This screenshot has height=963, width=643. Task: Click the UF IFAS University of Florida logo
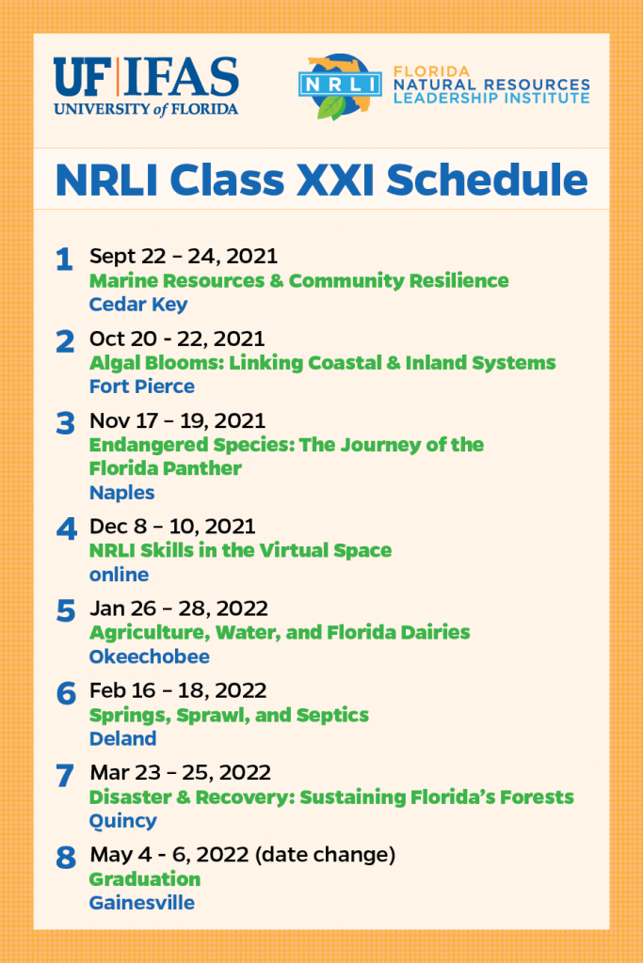pyautogui.click(x=146, y=87)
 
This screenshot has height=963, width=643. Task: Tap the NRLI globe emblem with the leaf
pyautogui.click(x=339, y=87)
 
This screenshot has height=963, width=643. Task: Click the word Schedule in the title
pyautogui.click(x=487, y=180)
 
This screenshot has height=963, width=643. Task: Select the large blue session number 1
pyautogui.click(x=65, y=260)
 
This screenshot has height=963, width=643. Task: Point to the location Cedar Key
pyautogui.click(x=138, y=304)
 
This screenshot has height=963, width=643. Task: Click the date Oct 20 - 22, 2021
pyautogui.click(x=177, y=339)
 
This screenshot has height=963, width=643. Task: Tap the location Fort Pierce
pyautogui.click(x=142, y=387)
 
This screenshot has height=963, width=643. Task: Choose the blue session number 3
pyautogui.click(x=65, y=423)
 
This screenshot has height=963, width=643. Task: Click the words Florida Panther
pyautogui.click(x=166, y=468)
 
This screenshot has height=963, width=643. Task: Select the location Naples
pyautogui.click(x=121, y=493)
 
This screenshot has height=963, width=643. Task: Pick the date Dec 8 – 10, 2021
pyautogui.click(x=172, y=527)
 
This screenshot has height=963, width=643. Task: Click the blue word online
pyautogui.click(x=120, y=575)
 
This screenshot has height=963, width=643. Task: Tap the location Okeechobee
pyautogui.click(x=150, y=656)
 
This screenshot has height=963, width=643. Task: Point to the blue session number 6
pyautogui.click(x=66, y=693)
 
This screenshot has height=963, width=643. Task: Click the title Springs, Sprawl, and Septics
pyautogui.click(x=230, y=715)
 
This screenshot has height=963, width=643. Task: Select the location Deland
pyautogui.click(x=123, y=738)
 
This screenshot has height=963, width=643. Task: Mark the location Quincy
pyautogui.click(x=123, y=821)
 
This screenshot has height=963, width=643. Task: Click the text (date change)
pyautogui.click(x=325, y=855)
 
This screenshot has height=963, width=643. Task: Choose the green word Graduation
pyautogui.click(x=145, y=879)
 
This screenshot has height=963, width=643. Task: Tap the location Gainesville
pyautogui.click(x=142, y=903)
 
